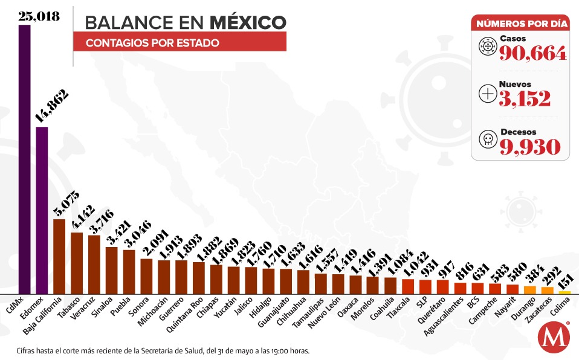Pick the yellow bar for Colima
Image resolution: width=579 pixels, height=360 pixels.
[564, 292]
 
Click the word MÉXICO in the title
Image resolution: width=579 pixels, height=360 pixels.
[248, 22]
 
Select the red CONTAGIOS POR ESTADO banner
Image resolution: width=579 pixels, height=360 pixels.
[180, 43]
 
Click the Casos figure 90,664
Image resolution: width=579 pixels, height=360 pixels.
[532, 54]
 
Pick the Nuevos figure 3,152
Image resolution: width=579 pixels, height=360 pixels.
[525, 98]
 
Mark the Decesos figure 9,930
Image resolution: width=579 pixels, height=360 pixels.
[529, 147]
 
